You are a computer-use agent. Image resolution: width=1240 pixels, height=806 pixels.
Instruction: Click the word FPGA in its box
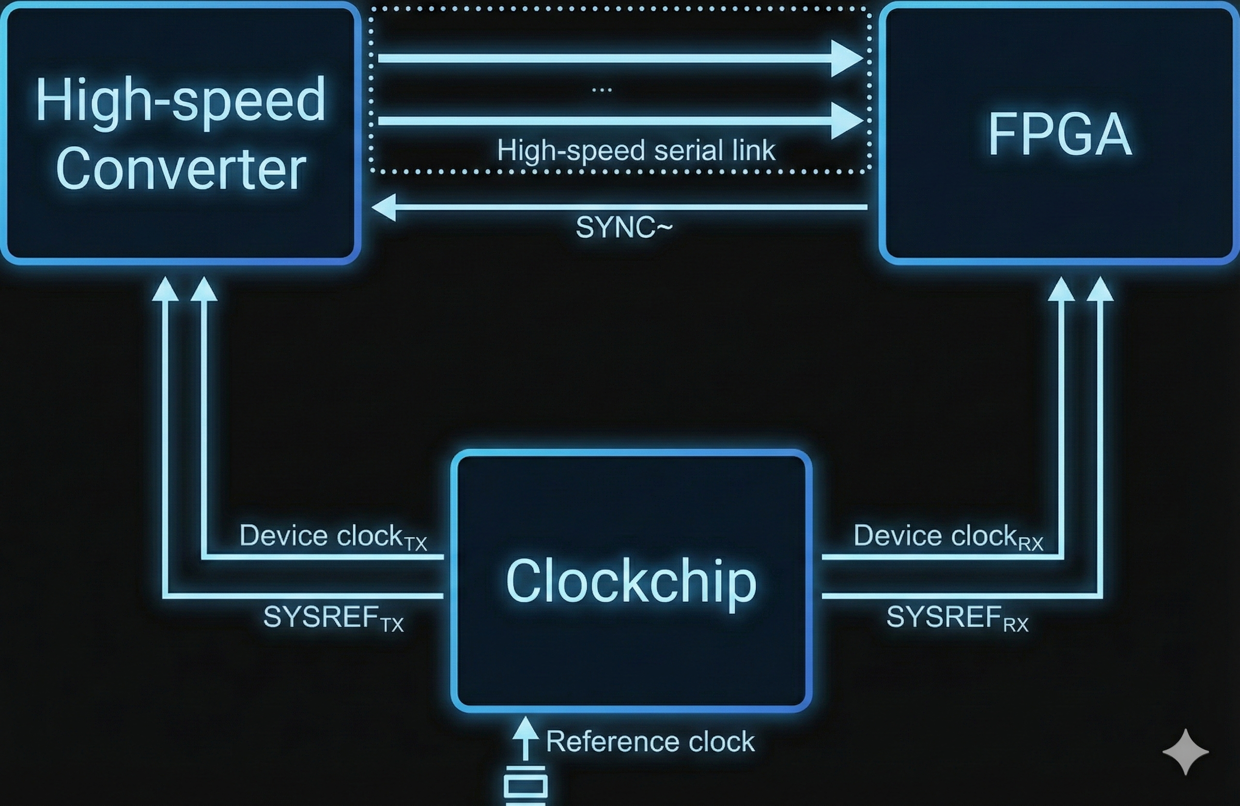click(x=1060, y=135)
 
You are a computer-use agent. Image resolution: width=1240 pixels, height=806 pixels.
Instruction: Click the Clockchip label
click(x=631, y=581)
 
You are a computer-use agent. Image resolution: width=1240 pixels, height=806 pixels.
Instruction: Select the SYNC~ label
click(x=624, y=228)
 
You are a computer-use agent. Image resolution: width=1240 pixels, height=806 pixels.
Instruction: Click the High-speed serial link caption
click(x=635, y=151)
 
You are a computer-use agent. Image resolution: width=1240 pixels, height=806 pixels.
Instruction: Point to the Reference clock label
click(x=650, y=742)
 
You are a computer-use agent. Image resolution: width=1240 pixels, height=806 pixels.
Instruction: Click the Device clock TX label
click(x=332, y=536)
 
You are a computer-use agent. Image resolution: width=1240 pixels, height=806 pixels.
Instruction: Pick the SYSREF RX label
click(x=957, y=619)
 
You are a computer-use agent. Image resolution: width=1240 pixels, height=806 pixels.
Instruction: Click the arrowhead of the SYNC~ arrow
click(x=384, y=207)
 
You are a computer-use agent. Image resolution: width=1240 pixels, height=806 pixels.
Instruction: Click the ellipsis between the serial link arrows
click(x=602, y=90)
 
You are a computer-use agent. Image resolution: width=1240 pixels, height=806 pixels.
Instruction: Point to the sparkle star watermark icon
click(x=1185, y=752)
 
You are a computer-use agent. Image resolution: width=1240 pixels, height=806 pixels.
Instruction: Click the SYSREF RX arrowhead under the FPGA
click(x=1100, y=289)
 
